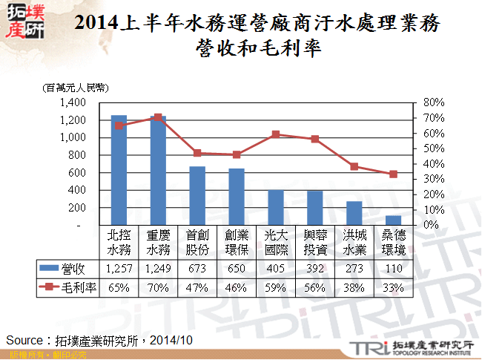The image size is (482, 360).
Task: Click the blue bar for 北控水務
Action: coord(118,170)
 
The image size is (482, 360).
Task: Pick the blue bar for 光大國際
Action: coord(276,207)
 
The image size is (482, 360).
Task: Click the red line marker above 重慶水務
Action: coord(158,117)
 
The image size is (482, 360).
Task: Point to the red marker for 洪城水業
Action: coord(355,166)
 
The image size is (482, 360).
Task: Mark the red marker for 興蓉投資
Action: coord(315,139)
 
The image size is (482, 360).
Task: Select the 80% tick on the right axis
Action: coord(432,102)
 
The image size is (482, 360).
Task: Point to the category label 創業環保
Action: coord(237,241)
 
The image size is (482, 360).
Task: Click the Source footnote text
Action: coord(99,340)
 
